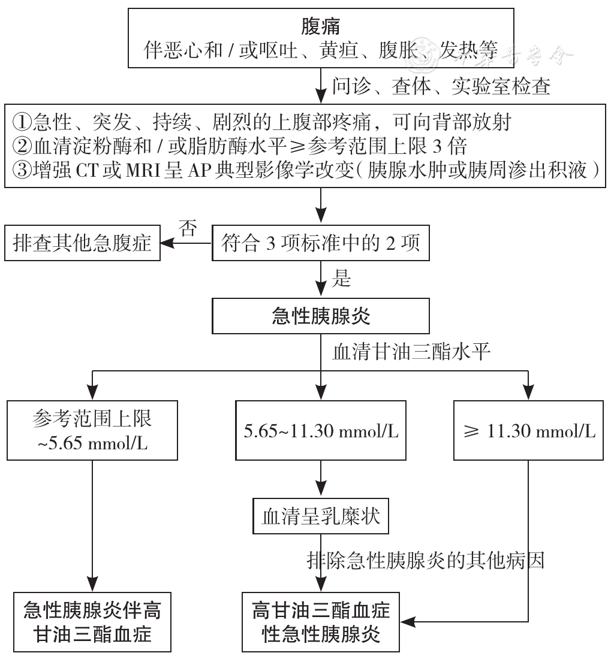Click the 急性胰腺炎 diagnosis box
point(321,316)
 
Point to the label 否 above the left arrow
point(188,229)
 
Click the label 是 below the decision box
point(342,278)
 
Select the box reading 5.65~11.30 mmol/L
point(321,431)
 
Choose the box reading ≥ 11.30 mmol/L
point(528,431)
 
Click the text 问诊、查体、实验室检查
point(441,87)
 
